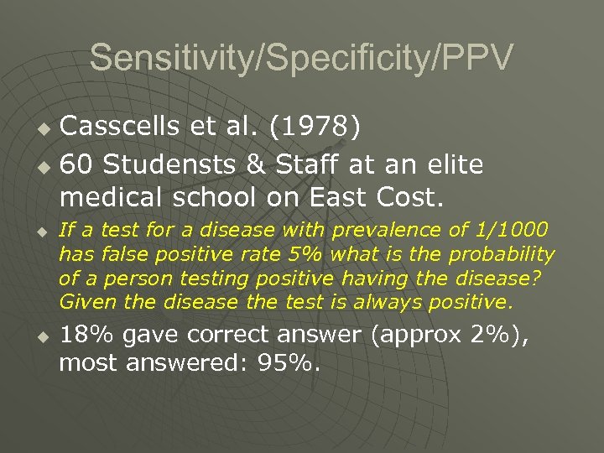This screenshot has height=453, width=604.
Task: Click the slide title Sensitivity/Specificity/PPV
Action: pyautogui.click(x=301, y=58)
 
